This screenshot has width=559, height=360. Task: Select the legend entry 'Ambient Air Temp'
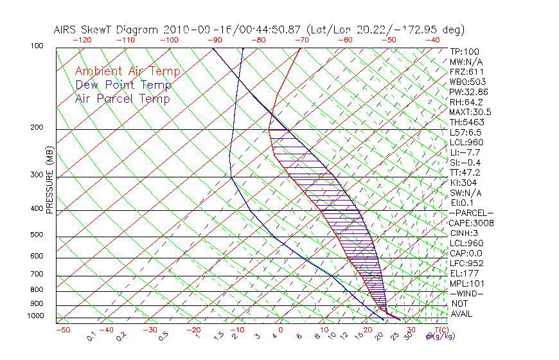(127, 71)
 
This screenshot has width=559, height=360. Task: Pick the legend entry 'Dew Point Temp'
(123, 85)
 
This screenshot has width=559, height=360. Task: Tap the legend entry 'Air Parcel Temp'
(122, 98)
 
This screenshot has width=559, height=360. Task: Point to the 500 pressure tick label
(37, 236)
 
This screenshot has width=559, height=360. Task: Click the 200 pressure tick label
(37, 128)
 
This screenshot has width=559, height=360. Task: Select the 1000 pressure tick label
(35, 316)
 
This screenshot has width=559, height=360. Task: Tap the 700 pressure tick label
(37, 275)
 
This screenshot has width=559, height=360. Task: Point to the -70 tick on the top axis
(301, 40)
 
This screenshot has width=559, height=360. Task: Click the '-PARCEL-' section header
(471, 213)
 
